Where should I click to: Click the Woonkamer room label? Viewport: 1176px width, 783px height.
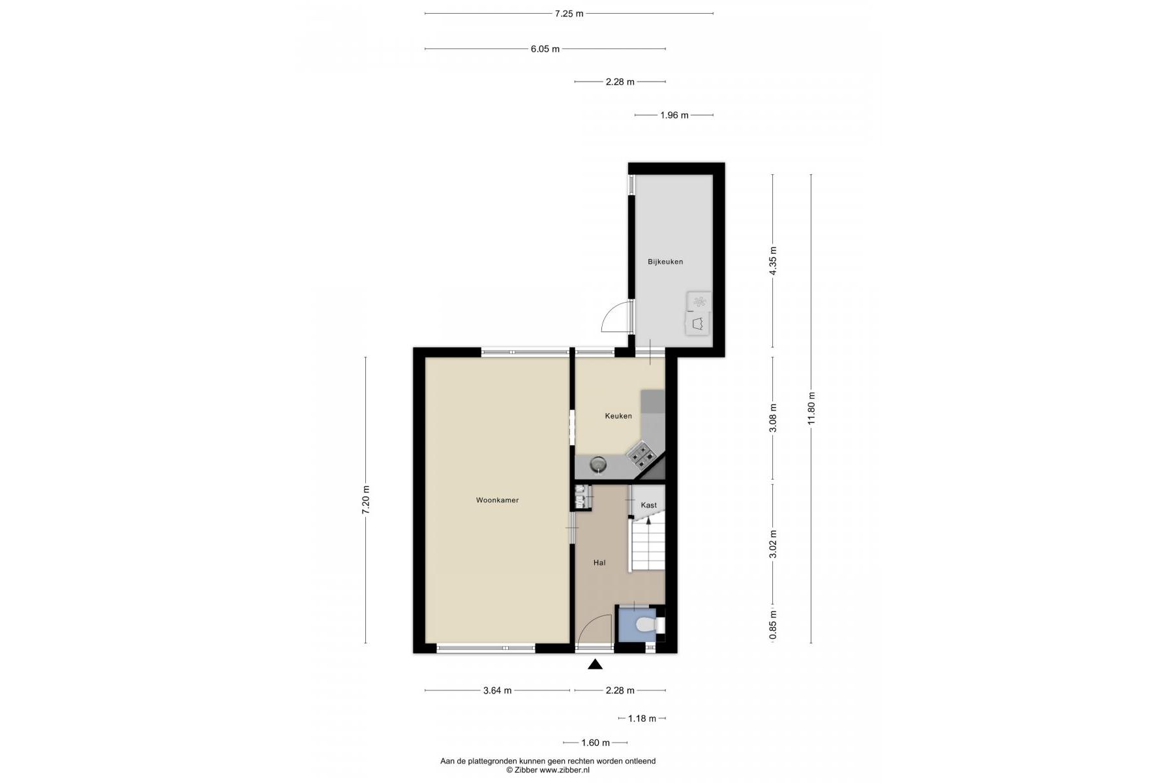coord(497,500)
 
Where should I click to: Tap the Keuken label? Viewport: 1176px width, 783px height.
coord(618,416)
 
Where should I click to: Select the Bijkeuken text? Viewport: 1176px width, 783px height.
coord(665,262)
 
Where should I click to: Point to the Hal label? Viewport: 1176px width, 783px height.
coord(599,562)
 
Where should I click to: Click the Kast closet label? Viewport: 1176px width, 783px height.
coord(649,505)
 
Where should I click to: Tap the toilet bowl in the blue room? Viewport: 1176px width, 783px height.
coord(646,626)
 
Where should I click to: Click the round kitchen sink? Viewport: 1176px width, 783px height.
coord(597,465)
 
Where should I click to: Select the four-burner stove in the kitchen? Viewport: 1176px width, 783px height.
coord(641,455)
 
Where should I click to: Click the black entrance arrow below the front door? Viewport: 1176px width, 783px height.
coord(595,664)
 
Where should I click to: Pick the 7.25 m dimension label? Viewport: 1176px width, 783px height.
coord(569,13)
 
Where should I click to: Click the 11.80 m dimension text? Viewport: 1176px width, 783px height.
coord(811,408)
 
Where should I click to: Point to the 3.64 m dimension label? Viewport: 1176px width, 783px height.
coord(497,690)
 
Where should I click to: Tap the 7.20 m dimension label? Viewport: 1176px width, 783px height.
coord(365,500)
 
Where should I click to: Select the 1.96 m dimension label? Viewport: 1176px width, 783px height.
coord(674,115)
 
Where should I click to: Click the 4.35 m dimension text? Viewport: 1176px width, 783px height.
coord(773,261)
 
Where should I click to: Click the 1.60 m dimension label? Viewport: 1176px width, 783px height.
coord(595,743)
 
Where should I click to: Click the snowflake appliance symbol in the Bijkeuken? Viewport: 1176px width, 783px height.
coord(700,301)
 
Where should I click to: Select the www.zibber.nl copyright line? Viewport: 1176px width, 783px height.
coord(548,771)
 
